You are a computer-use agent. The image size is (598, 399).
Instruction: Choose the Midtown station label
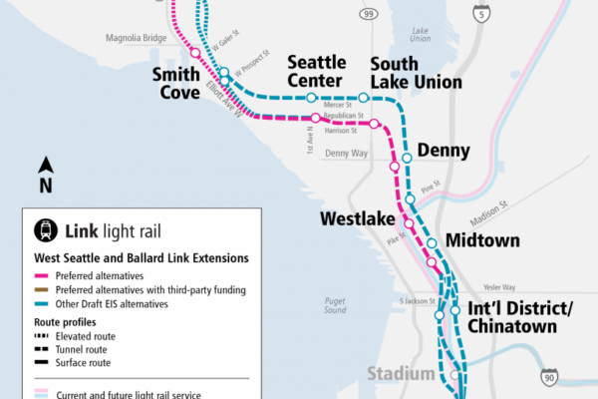[x=482, y=240]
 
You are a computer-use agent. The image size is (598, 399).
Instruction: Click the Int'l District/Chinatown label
[x=519, y=317]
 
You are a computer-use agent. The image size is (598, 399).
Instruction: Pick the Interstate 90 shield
[x=549, y=377]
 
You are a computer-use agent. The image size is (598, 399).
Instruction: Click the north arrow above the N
[x=46, y=165]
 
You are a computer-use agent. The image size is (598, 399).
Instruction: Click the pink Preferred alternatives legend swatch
[x=41, y=275]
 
